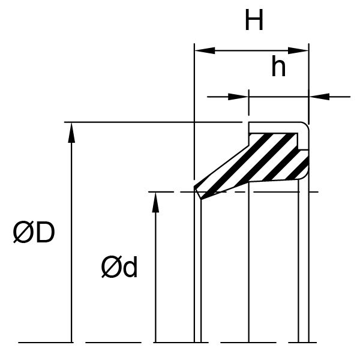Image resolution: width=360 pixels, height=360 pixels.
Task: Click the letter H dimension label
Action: pos(254,20)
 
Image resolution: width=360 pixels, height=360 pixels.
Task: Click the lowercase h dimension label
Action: pos(278,66)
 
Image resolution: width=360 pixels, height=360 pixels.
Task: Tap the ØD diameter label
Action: pos(34,232)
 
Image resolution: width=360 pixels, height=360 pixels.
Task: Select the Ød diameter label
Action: pos(119,267)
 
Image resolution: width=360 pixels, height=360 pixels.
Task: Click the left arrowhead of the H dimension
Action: pos(205,50)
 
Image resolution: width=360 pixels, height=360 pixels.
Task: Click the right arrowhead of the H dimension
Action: pos(298,50)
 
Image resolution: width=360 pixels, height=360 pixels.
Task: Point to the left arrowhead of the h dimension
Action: pos(238,97)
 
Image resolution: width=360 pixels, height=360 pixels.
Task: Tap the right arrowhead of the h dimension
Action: pos(319,97)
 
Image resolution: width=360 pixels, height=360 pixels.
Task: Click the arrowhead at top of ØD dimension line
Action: pos(71,133)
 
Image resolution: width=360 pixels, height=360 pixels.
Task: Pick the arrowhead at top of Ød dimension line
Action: pos(155,202)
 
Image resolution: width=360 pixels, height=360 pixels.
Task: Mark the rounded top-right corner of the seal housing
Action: pos(306,125)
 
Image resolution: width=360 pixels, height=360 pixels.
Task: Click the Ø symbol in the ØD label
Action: pos(22,232)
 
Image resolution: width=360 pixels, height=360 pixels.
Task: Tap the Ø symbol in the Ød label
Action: pos(110,267)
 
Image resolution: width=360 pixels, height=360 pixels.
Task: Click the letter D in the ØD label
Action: pos(45,232)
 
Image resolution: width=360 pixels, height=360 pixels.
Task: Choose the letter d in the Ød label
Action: pos(130,267)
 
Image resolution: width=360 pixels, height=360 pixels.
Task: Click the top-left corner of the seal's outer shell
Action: pos(249,122)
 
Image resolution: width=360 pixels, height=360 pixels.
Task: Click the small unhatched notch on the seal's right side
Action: pos(304,142)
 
